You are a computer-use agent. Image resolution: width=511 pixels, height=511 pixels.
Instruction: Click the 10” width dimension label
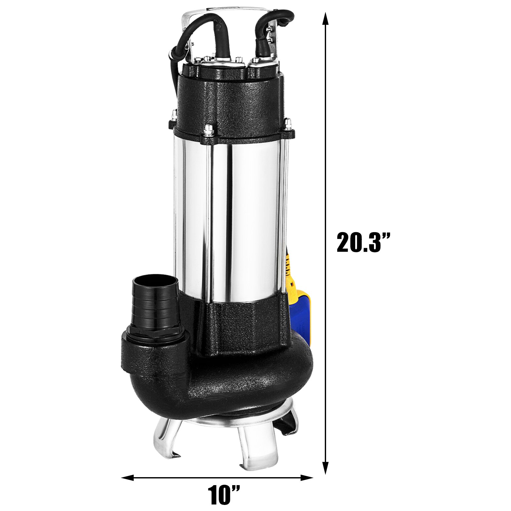224,495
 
